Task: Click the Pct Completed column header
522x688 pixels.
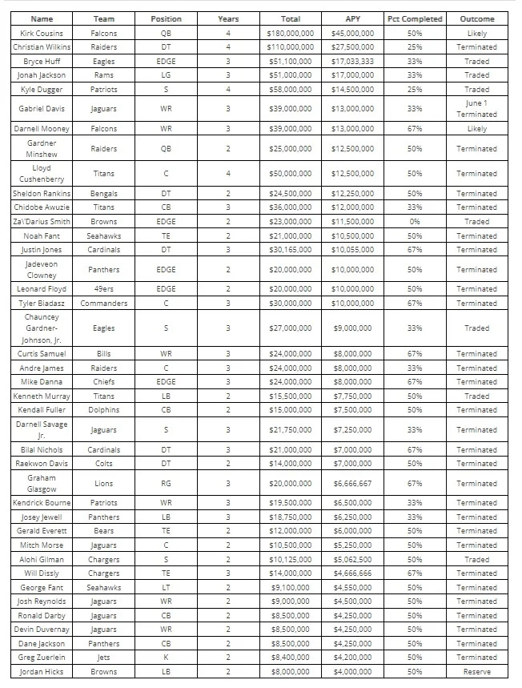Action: [415, 18]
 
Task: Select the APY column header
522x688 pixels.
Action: [352, 18]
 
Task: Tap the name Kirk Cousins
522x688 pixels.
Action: [42, 34]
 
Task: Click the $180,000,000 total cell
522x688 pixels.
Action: [290, 34]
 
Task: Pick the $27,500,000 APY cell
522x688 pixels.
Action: [352, 47]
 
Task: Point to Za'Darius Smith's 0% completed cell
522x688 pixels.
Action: [415, 222]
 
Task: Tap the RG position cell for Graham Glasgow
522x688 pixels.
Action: [166, 484]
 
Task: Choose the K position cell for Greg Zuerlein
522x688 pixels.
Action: [166, 658]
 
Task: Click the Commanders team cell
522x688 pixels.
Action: [104, 304]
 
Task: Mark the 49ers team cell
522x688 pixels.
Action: [104, 289]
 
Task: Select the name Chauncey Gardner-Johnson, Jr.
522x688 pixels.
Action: [42, 328]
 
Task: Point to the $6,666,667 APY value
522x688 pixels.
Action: [352, 484]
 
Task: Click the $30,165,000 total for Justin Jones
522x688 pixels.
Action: [290, 250]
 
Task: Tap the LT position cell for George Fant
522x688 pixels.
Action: [166, 588]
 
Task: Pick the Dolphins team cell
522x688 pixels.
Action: [104, 410]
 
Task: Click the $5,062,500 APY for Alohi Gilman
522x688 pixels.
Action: [352, 560]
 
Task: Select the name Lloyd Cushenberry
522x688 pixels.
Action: [42, 174]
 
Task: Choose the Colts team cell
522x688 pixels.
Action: [104, 464]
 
